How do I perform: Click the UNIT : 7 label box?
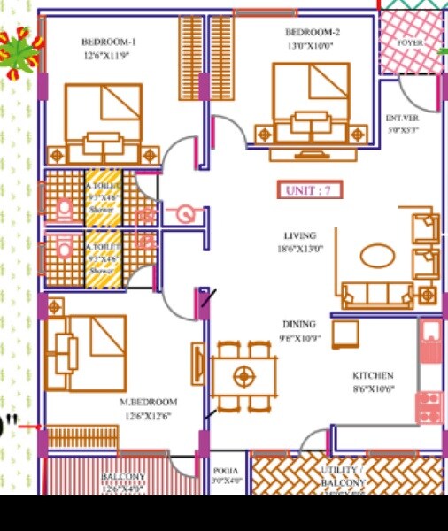[x=309, y=189]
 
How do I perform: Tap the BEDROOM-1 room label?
[x=109, y=42]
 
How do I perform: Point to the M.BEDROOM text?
[x=149, y=402]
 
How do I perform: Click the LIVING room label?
[x=300, y=235]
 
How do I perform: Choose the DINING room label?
[x=299, y=324]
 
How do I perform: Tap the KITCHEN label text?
[x=373, y=375]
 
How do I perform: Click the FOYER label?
[x=409, y=42]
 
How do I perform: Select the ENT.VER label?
[x=402, y=117]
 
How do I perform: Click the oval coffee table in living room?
[x=378, y=256]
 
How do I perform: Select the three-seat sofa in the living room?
[x=376, y=293]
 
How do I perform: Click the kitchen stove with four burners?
[x=429, y=407]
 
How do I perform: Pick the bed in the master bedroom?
[x=87, y=352]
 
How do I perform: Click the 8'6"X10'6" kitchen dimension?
[x=373, y=389]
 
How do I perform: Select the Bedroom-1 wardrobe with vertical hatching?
[x=191, y=58]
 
